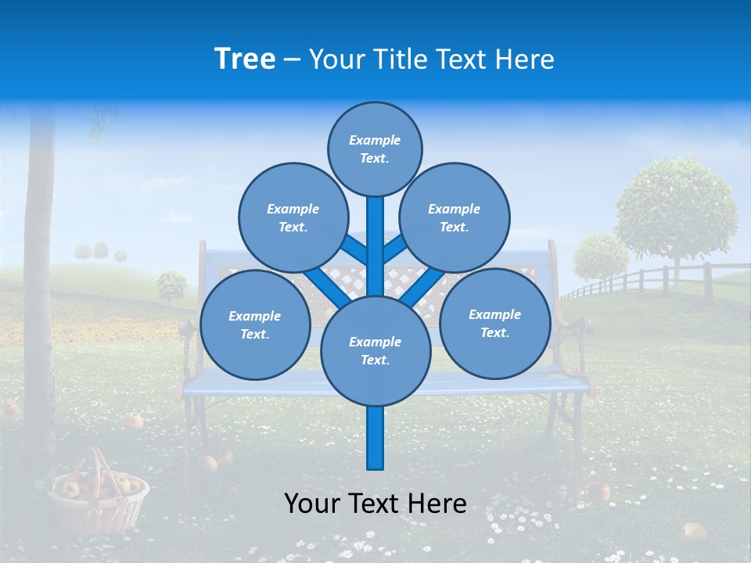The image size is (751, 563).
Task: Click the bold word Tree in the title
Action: (245, 59)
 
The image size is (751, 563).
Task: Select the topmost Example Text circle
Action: (375, 149)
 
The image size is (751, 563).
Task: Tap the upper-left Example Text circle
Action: (293, 217)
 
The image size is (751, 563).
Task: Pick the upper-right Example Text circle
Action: (454, 217)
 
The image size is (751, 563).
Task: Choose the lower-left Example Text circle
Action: (254, 325)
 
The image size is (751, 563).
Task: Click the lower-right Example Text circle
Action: (494, 323)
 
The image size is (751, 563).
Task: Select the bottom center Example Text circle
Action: (375, 350)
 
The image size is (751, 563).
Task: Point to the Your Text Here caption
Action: (375, 504)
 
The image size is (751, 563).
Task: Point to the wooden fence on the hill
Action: (657, 280)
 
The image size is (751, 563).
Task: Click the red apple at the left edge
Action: (10, 409)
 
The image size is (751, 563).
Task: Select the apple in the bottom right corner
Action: (692, 532)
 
